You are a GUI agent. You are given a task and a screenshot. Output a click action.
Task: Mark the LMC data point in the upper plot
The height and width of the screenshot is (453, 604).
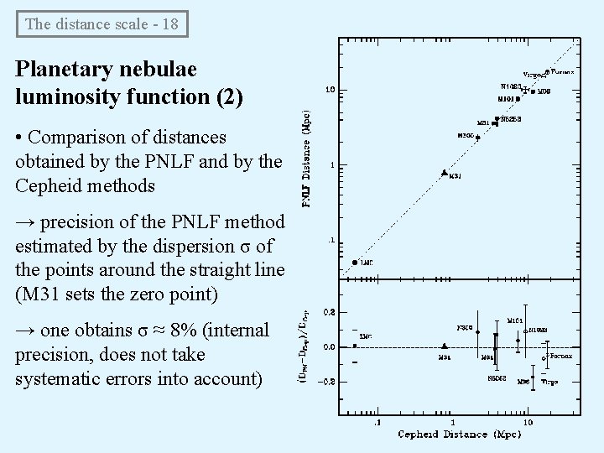(x=356, y=262)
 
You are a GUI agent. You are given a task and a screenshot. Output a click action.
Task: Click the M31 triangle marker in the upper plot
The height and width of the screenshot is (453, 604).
(x=444, y=173)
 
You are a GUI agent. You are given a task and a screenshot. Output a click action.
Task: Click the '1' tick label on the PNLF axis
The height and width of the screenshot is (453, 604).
(x=334, y=165)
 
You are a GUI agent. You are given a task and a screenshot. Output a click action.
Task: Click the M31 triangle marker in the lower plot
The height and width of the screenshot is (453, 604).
(x=444, y=346)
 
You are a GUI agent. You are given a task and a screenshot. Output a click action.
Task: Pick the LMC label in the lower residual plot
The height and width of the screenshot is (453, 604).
(x=366, y=336)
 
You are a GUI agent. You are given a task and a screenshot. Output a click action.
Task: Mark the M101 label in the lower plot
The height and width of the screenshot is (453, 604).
(x=516, y=320)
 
